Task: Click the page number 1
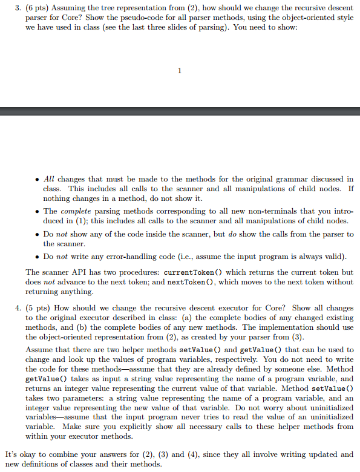180,71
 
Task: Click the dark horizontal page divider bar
180,111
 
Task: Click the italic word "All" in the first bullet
50,179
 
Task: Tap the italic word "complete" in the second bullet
75,211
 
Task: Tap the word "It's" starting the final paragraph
11,454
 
